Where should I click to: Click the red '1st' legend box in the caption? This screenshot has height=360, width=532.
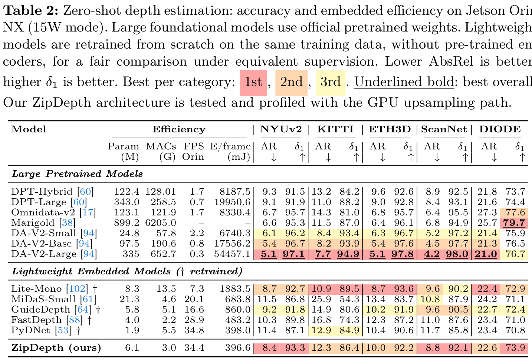click(253, 83)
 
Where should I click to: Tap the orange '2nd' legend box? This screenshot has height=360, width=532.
click(291, 83)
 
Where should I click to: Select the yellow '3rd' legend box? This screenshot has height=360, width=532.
click(330, 83)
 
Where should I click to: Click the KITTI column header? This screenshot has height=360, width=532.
click(335, 129)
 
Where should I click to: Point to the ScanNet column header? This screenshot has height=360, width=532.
click(444, 129)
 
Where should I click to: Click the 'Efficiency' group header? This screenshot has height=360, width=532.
click(179, 129)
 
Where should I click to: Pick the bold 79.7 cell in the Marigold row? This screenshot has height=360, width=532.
click(514, 223)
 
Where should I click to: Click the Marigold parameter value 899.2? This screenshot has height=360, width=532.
click(127, 223)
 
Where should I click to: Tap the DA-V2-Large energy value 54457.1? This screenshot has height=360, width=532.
click(232, 254)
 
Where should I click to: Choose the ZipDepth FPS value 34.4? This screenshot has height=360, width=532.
click(194, 348)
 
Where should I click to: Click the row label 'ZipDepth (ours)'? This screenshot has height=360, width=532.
click(56, 348)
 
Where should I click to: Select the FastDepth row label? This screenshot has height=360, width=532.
click(36, 320)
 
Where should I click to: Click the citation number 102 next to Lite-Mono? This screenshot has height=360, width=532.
click(77, 289)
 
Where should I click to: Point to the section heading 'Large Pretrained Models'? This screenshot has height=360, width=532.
click(78, 174)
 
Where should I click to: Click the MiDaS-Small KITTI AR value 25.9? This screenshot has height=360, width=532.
click(321, 299)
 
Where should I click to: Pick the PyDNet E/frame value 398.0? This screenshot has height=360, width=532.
click(238, 330)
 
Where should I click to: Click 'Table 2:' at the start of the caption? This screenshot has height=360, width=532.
click(31, 11)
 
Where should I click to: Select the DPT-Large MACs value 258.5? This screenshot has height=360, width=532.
click(163, 202)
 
